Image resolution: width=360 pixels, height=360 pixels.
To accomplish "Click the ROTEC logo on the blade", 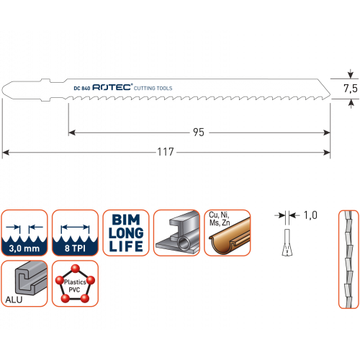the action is click(x=112, y=87).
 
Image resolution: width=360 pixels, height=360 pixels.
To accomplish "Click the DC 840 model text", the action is click(x=82, y=88).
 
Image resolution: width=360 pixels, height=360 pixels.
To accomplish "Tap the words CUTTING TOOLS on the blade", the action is click(x=153, y=89).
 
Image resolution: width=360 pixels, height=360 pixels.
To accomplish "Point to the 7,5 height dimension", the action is click(x=351, y=89).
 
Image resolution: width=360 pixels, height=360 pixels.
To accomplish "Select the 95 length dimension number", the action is click(x=199, y=132).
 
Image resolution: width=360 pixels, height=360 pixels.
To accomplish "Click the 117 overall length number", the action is click(x=166, y=152).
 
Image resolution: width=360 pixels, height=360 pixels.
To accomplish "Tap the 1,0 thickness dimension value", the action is click(x=310, y=215).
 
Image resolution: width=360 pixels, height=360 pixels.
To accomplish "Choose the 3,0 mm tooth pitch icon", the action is click(x=24, y=233).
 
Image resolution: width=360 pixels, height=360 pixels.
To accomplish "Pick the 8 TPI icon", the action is click(x=75, y=233).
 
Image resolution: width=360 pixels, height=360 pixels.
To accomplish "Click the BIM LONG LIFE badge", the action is click(x=126, y=233).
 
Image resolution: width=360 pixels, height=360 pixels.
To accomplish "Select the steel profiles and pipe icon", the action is click(x=176, y=233).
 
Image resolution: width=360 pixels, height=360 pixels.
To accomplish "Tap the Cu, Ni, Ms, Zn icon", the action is click(x=228, y=233).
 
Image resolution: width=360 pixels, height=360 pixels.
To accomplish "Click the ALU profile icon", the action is click(x=24, y=284).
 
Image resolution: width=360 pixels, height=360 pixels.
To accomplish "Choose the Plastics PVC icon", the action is click(x=75, y=284).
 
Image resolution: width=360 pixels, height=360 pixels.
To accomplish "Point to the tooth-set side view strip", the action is click(x=348, y=259).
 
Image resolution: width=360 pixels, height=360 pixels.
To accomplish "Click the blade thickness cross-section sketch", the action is click(x=287, y=243).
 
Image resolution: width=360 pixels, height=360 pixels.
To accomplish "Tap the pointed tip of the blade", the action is click(x=330, y=95).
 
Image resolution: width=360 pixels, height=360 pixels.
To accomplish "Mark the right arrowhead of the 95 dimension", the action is click(x=327, y=132).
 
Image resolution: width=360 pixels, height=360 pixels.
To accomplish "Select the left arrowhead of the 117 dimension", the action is click(x=6, y=153).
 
